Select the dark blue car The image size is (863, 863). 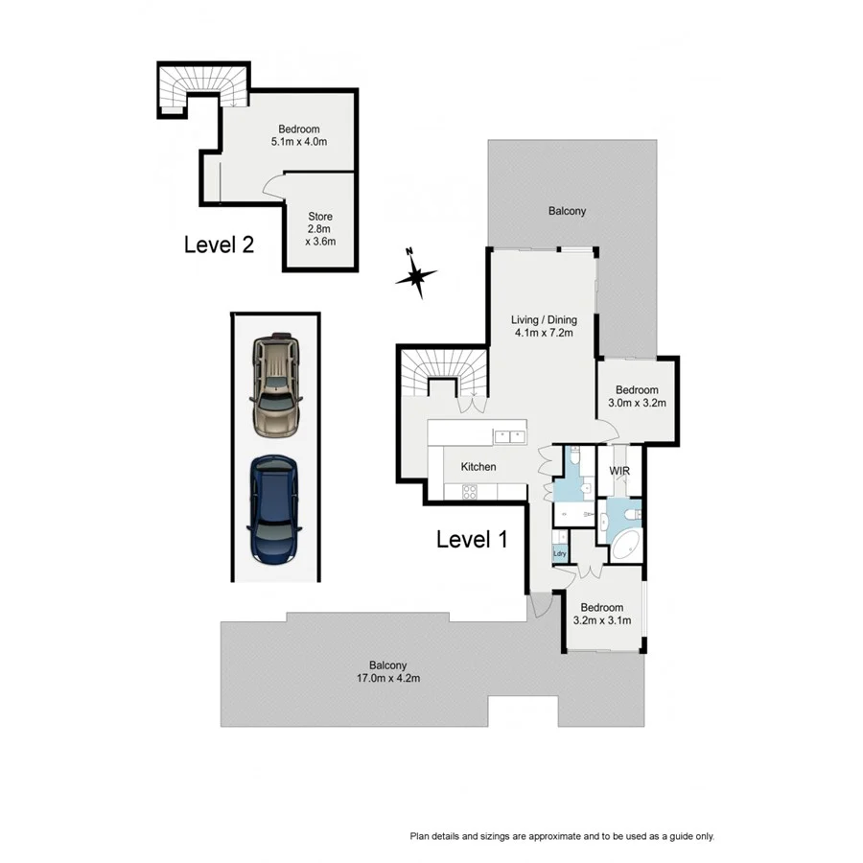275,509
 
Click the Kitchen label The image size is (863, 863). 478,467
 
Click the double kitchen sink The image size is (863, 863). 508,436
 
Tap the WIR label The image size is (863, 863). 618,473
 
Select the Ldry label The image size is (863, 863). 559,553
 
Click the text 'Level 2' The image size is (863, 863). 219,245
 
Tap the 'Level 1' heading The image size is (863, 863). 471,540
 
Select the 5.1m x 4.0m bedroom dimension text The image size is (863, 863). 298,143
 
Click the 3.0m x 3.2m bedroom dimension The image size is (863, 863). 637,404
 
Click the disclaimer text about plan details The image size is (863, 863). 563,836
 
